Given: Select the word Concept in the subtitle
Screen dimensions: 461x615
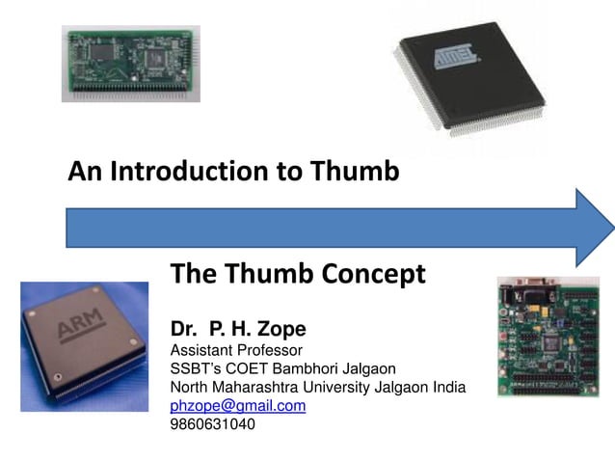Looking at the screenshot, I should coord(375,274).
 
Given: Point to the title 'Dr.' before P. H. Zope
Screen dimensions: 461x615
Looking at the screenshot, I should coord(184,328).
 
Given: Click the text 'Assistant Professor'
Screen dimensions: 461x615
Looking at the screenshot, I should coord(236,349).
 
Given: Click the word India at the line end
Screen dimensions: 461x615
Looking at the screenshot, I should coord(448,387).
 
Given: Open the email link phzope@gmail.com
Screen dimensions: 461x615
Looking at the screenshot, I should coord(238,406).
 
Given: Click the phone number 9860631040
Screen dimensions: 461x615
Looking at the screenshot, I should coord(213,424).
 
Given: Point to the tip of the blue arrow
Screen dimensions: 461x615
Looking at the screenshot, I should coord(611,228).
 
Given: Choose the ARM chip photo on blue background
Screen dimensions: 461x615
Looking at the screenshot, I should coord(85,346).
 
